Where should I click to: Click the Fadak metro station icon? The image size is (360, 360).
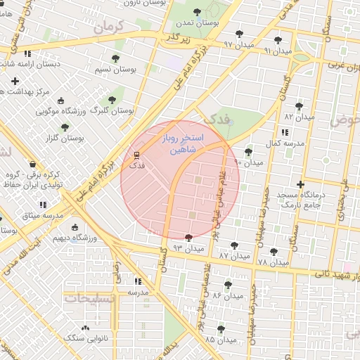click(136, 155)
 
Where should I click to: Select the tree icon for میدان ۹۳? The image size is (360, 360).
click(188, 238)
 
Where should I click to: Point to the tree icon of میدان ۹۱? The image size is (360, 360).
click(278, 40)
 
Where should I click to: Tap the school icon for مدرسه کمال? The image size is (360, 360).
click(284, 132)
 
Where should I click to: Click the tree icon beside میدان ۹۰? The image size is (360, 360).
click(247, 151)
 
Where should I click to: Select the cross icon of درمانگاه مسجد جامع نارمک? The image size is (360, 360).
click(301, 185)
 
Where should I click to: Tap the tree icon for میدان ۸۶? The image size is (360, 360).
click(229, 285)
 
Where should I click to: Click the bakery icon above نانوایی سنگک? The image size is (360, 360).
click(86, 328)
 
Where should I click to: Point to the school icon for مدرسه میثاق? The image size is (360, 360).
click(43, 205)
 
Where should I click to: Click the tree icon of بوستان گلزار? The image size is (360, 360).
click(65, 127)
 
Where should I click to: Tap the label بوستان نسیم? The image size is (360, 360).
click(115, 70)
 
